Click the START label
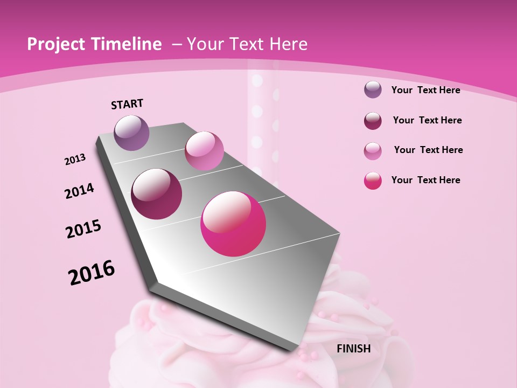click(127, 104)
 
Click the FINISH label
click(354, 349)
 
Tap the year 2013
click(75, 160)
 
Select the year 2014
click(79, 191)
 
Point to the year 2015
click(83, 229)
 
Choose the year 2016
click(92, 273)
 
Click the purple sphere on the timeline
click(131, 133)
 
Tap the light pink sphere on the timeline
click(204, 151)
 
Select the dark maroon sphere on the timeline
click(157, 194)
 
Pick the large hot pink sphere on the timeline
click(233, 224)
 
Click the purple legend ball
click(373, 90)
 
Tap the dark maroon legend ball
click(373, 121)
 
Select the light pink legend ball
click(373, 151)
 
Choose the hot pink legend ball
click(373, 181)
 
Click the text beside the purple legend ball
click(425, 90)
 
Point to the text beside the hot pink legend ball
click(425, 180)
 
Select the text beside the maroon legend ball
click(427, 120)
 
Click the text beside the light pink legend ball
click(428, 150)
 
